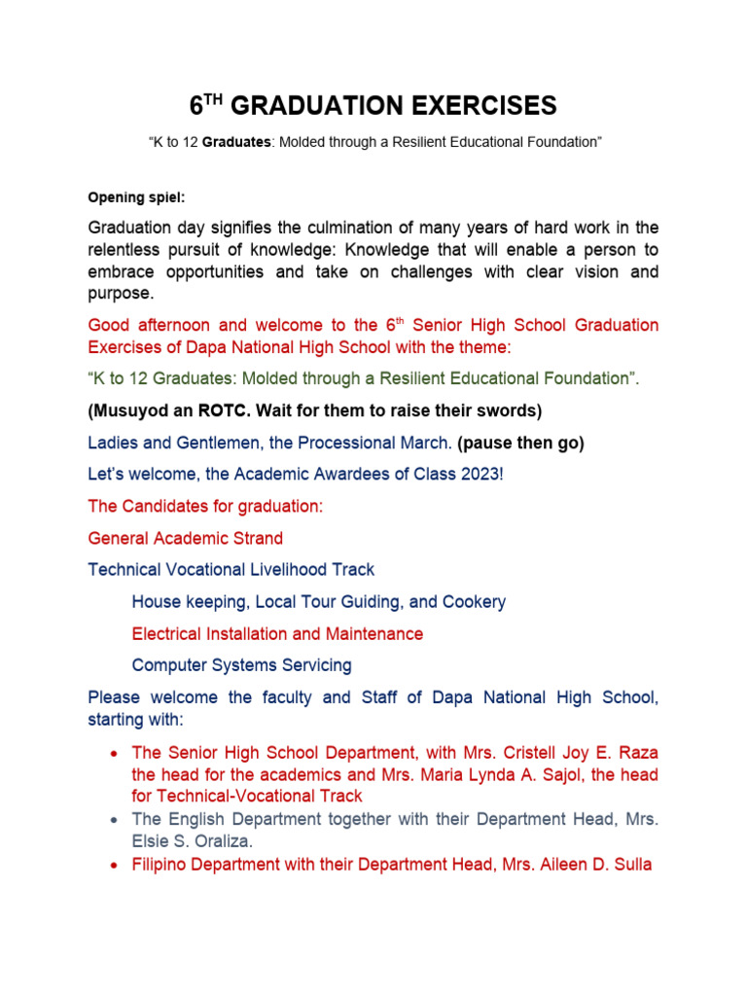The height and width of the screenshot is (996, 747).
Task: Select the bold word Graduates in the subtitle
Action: [242, 142]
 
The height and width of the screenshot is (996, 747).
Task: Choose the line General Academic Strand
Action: [186, 538]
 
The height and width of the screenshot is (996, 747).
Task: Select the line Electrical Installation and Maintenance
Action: [277, 634]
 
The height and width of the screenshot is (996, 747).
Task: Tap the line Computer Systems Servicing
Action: [241, 665]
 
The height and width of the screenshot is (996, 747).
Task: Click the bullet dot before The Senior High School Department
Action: [116, 755]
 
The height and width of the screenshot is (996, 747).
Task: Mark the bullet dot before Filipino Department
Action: [116, 864]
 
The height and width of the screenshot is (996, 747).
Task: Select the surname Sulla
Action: [631, 863]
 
